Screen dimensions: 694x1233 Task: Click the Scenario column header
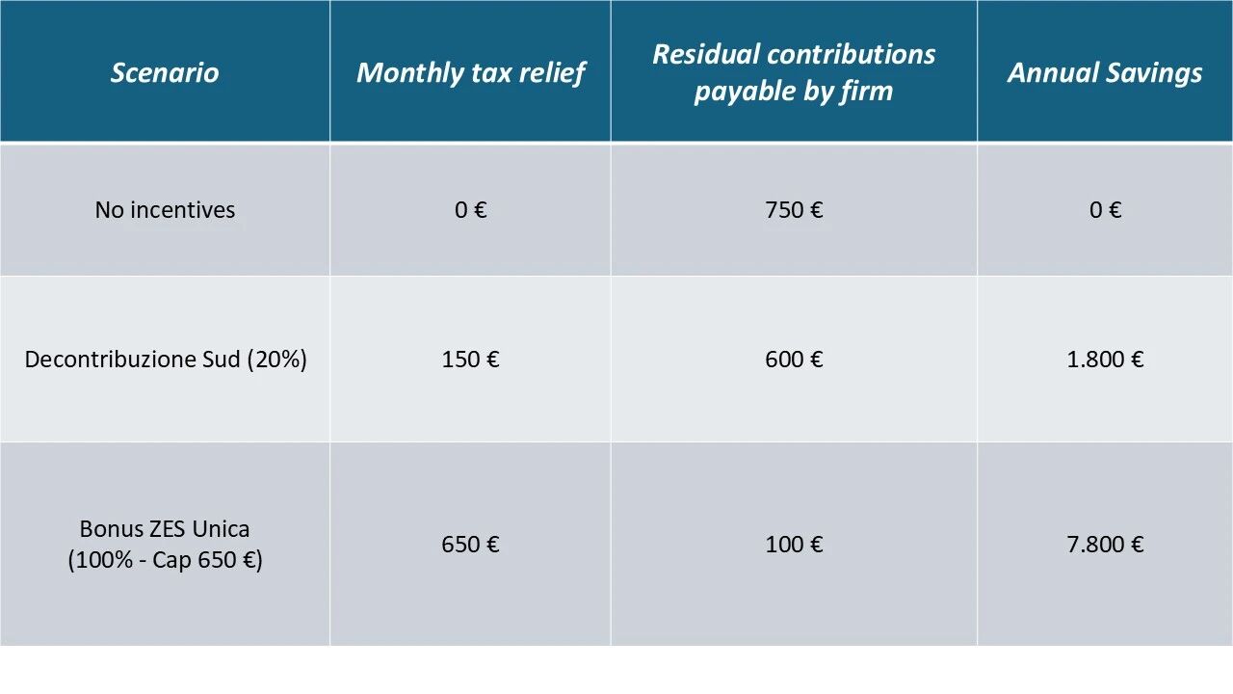[x=165, y=72]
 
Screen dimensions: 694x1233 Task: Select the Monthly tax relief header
[x=470, y=72]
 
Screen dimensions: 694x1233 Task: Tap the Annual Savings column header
[x=1105, y=72]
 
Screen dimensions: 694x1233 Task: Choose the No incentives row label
[x=165, y=210]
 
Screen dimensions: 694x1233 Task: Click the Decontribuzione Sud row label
[x=133, y=360]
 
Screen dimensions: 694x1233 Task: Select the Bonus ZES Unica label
[x=165, y=529]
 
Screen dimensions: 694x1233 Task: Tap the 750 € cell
[x=794, y=210]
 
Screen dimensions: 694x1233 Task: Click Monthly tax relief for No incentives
[x=470, y=210]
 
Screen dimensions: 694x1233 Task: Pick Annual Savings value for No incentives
[x=1105, y=210]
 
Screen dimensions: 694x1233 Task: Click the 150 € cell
[x=470, y=360]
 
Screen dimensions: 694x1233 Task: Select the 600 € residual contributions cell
[x=794, y=360]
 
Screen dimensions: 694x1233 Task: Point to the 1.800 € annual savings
[x=1105, y=360]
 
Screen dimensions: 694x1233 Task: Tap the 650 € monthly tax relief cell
[x=470, y=545]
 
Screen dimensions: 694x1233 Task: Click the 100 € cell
[x=794, y=545]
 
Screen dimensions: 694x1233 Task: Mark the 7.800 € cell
[x=1105, y=545]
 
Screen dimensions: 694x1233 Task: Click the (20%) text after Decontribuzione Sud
[x=276, y=360]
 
